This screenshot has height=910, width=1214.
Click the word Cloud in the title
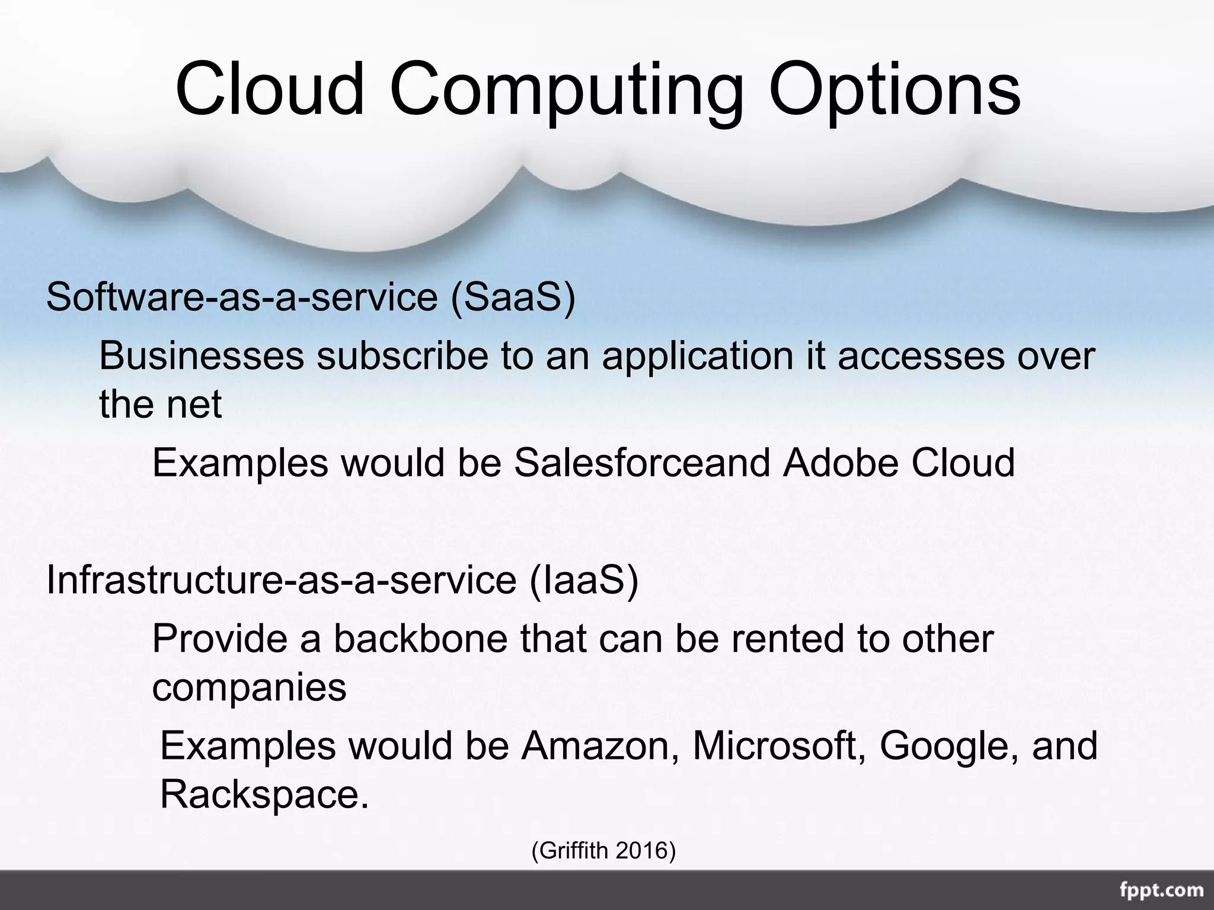[270, 89]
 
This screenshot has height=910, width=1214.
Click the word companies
[249, 688]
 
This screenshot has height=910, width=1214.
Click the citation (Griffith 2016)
[603, 851]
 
